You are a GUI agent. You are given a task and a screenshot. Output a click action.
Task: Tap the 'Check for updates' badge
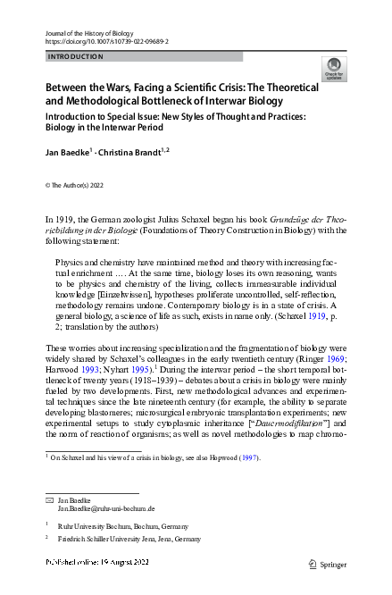point(333,69)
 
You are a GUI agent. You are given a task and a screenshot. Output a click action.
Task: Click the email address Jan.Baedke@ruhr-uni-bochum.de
point(106,507)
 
